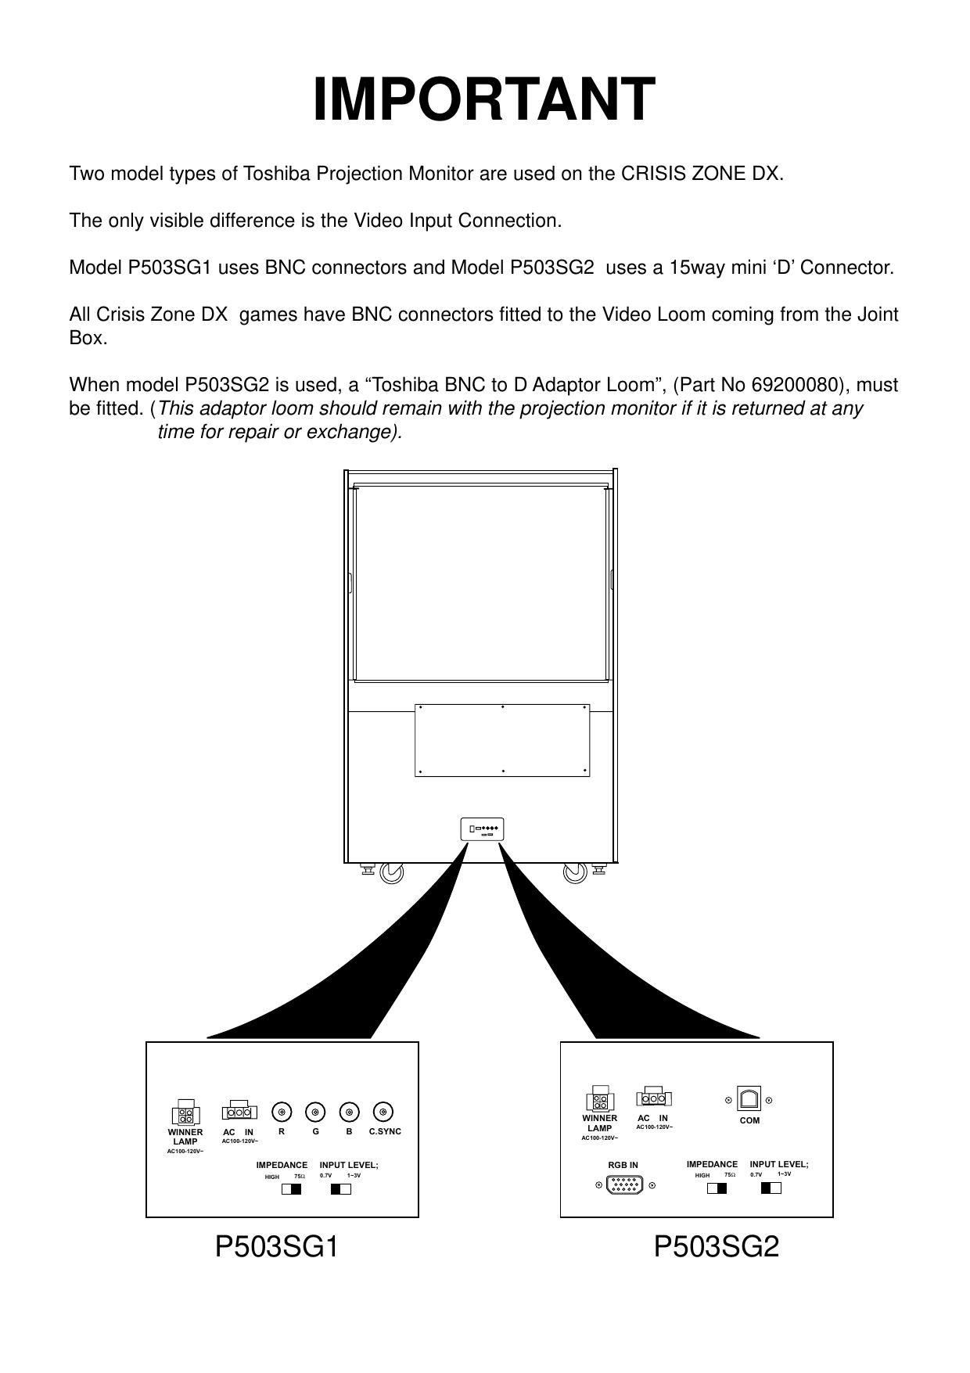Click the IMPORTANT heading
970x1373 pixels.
[x=483, y=100]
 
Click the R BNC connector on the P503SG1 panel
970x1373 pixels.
[x=282, y=1112]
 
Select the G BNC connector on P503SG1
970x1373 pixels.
[x=315, y=1112]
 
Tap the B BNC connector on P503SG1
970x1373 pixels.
[x=349, y=1112]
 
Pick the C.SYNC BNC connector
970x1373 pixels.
[x=383, y=1112]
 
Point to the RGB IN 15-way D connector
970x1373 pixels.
[x=625, y=1186]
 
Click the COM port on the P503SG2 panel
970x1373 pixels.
[x=749, y=1099]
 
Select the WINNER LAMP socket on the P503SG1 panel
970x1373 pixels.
[x=185, y=1114]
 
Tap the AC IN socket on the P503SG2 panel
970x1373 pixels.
[x=654, y=1097]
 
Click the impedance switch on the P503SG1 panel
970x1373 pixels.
[x=291, y=1189]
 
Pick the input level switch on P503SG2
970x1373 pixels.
[x=771, y=1188]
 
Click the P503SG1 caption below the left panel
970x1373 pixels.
[x=276, y=1247]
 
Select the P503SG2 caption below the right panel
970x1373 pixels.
[x=716, y=1247]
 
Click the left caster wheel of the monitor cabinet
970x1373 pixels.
[x=391, y=872]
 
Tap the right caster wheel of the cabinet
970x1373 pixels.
[x=575, y=872]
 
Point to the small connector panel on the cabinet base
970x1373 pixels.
[x=482, y=829]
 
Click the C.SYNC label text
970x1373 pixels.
[x=384, y=1132]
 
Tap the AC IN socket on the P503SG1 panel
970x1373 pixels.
[x=239, y=1112]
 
